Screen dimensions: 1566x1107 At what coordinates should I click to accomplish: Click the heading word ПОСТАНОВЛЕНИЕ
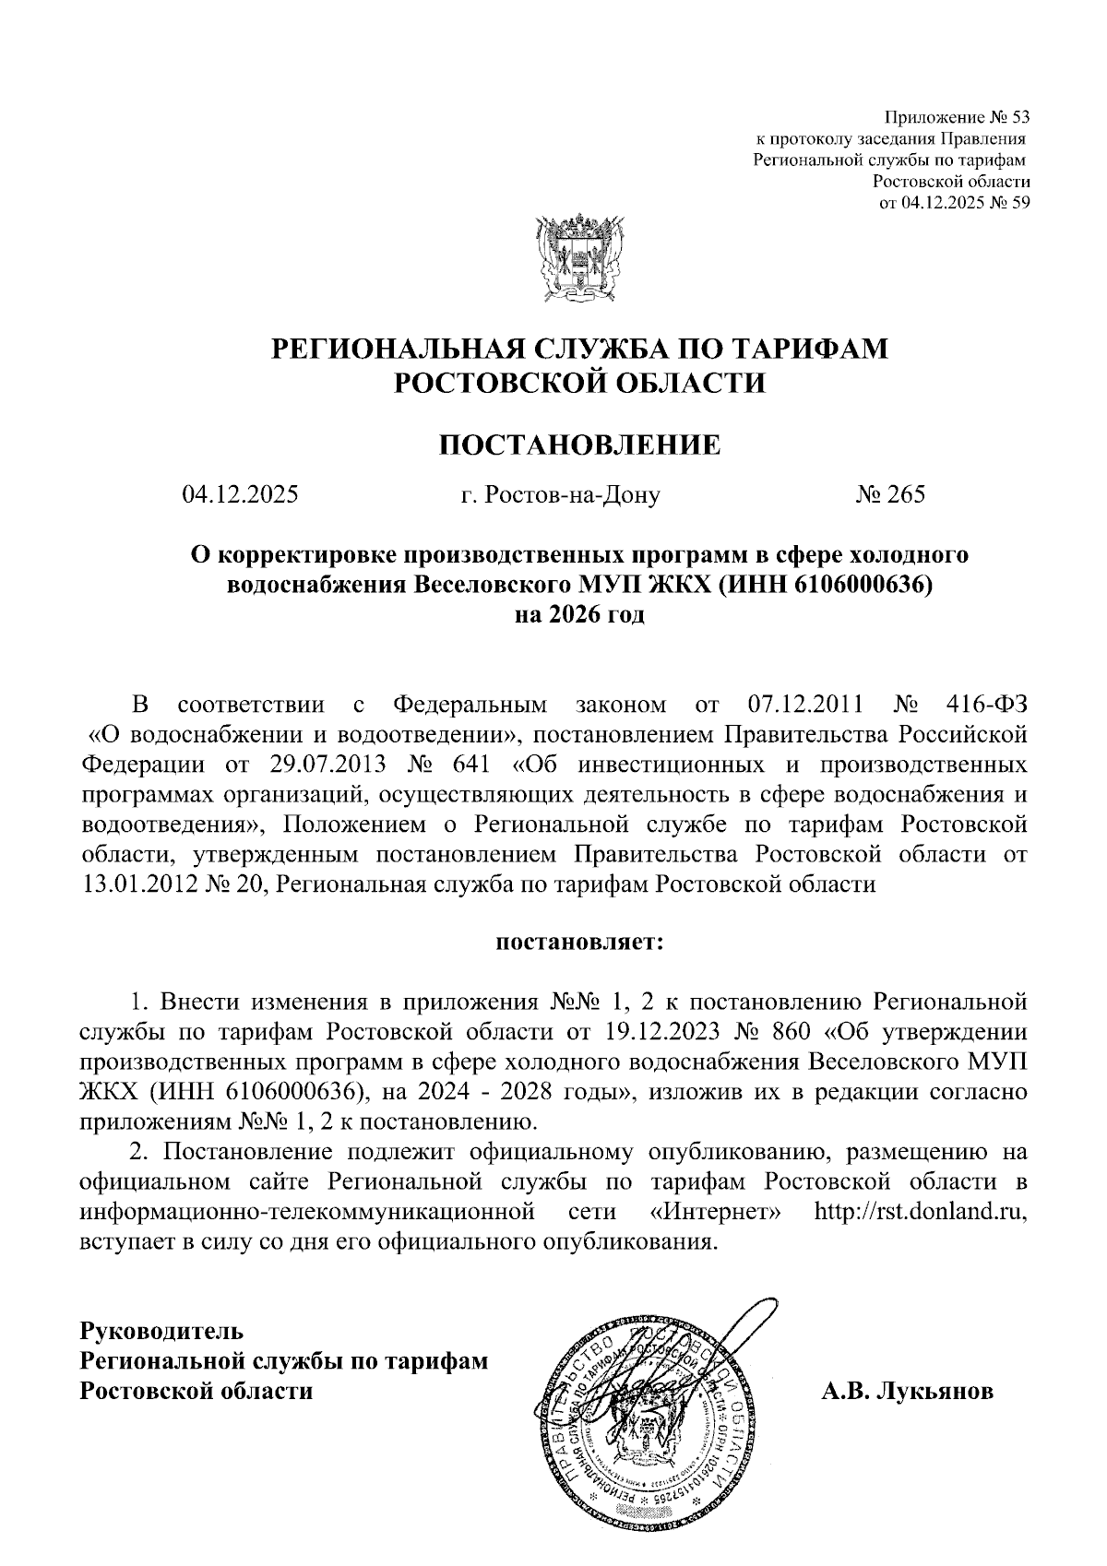tap(578, 445)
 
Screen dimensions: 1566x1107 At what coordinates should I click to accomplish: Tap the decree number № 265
tap(889, 495)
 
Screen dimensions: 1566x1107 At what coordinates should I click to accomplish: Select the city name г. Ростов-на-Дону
tap(560, 496)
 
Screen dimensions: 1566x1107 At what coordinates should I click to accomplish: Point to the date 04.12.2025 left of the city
tap(240, 495)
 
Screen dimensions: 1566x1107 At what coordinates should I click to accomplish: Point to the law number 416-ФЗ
tap(986, 706)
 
